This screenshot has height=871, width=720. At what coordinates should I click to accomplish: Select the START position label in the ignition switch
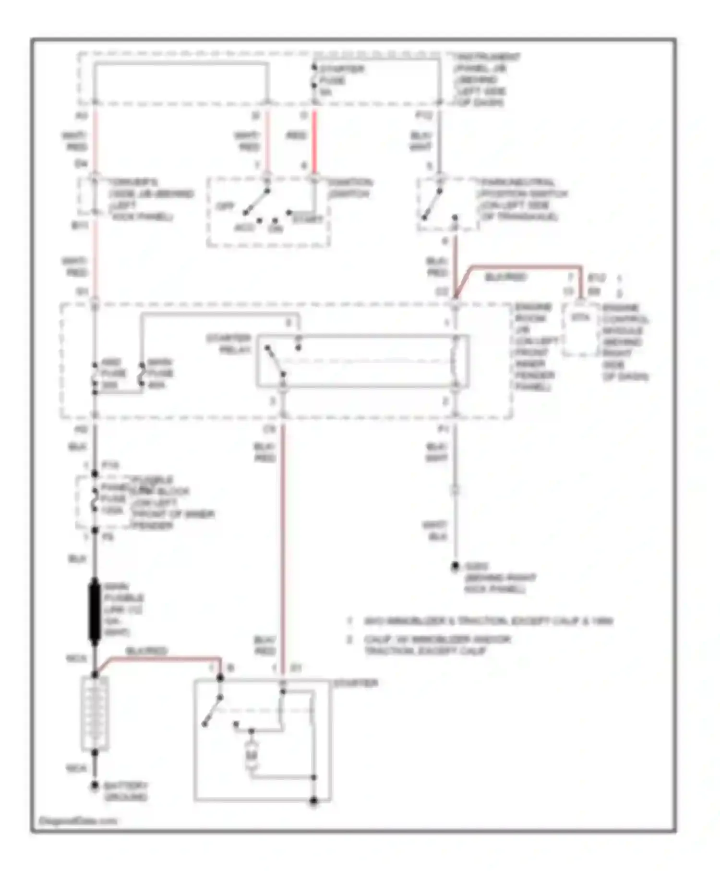click(x=308, y=219)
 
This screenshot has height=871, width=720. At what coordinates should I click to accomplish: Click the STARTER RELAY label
click(x=229, y=344)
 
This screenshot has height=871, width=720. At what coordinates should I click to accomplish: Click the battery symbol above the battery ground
click(x=95, y=713)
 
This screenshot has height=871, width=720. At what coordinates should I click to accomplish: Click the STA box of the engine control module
click(x=580, y=318)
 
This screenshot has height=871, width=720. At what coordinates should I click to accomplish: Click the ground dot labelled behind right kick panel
click(x=455, y=567)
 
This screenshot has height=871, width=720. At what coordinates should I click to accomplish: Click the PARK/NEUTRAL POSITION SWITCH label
click(x=523, y=200)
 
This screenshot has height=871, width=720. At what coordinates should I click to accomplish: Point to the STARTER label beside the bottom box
click(x=355, y=683)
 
